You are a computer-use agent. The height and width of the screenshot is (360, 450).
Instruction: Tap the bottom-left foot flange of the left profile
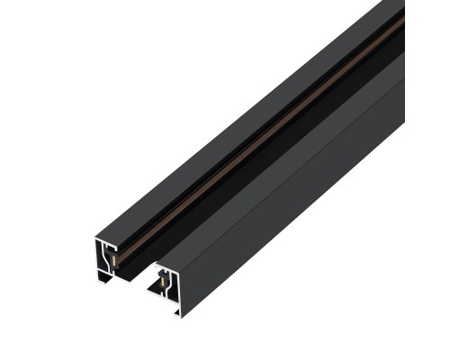click(102, 279)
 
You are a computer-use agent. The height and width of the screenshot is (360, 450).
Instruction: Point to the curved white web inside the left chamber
click(108, 261)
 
